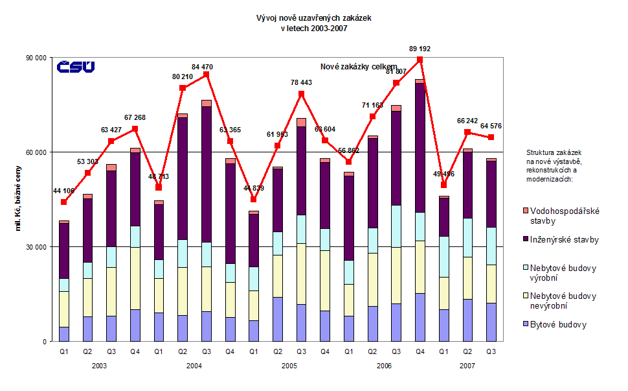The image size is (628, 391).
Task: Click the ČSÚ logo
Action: coord(76,67)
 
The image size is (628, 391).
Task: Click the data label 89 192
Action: coord(420,49)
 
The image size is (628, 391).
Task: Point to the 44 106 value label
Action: coord(63,190)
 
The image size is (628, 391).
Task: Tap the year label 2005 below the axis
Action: coord(289,366)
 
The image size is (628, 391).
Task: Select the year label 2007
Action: coord(467,366)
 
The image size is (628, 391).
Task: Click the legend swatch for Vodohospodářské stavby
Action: coord(525,211)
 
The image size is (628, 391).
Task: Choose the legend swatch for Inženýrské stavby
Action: coord(525,239)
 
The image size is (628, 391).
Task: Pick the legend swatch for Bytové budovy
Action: coord(525,324)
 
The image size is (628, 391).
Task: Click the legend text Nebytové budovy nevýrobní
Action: coord(563,300)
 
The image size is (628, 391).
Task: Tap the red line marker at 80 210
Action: coord(183,88)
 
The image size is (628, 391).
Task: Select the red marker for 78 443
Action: coord(301,93)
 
